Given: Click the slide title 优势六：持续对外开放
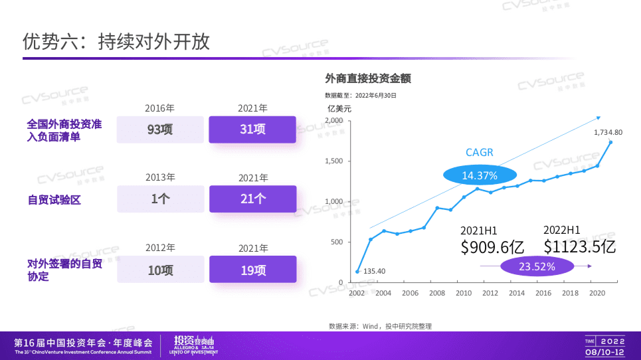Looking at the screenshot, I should pyautogui.click(x=116, y=42).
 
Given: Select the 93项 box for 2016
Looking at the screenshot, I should pyautogui.click(x=160, y=130).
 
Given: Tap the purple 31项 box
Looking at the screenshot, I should pyautogui.click(x=252, y=130).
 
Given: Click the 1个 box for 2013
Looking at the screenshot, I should pyautogui.click(x=160, y=199).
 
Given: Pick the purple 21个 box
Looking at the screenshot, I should pyautogui.click(x=252, y=199).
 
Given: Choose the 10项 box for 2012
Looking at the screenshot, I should pyautogui.click(x=160, y=270).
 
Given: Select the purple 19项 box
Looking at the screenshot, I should pyautogui.click(x=252, y=270).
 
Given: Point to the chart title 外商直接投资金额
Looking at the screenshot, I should pyautogui.click(x=368, y=78).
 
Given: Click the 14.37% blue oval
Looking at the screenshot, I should pyautogui.click(x=480, y=175).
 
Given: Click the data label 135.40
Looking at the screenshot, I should pyautogui.click(x=375, y=270).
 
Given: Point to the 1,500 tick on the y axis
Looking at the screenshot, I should pyautogui.click(x=333, y=161).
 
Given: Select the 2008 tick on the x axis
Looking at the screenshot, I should pyautogui.click(x=437, y=293).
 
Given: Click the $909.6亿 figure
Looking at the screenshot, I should pyautogui.click(x=492, y=248).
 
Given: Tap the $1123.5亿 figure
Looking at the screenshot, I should pyautogui.click(x=579, y=247).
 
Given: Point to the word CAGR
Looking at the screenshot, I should pyautogui.click(x=480, y=153).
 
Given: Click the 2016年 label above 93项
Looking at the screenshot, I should pyautogui.click(x=160, y=108).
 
